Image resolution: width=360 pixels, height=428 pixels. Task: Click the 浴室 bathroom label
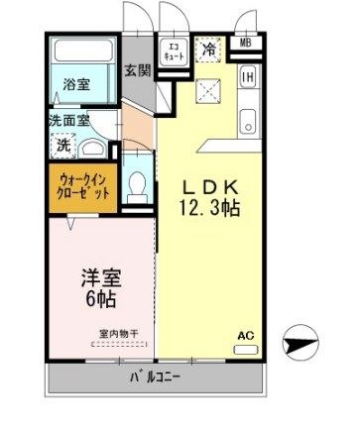[76, 85]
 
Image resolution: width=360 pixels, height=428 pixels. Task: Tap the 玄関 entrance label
[138, 70]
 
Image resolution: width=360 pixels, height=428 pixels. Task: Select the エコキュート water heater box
[173, 52]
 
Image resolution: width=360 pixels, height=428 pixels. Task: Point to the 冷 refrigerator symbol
[209, 50]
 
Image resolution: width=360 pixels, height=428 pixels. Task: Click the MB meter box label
[245, 43]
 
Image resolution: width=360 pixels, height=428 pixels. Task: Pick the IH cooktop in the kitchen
[248, 77]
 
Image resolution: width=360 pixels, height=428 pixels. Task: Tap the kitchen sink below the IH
[248, 121]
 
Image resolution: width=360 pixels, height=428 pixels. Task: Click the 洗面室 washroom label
[69, 121]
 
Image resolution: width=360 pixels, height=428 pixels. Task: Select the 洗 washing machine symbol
[63, 146]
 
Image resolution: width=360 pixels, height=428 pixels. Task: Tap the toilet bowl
[137, 185]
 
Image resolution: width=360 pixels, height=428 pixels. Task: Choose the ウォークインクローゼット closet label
[83, 186]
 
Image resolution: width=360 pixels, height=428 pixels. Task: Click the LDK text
[210, 188]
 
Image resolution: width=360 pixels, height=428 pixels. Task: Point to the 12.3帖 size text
[209, 208]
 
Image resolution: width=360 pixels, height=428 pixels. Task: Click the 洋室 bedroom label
[101, 278]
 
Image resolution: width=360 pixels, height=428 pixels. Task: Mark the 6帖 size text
[101, 299]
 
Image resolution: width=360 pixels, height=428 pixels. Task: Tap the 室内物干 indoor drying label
[119, 334]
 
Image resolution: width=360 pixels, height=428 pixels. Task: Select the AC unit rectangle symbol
[246, 350]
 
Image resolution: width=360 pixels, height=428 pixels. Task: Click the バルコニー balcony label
[155, 377]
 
